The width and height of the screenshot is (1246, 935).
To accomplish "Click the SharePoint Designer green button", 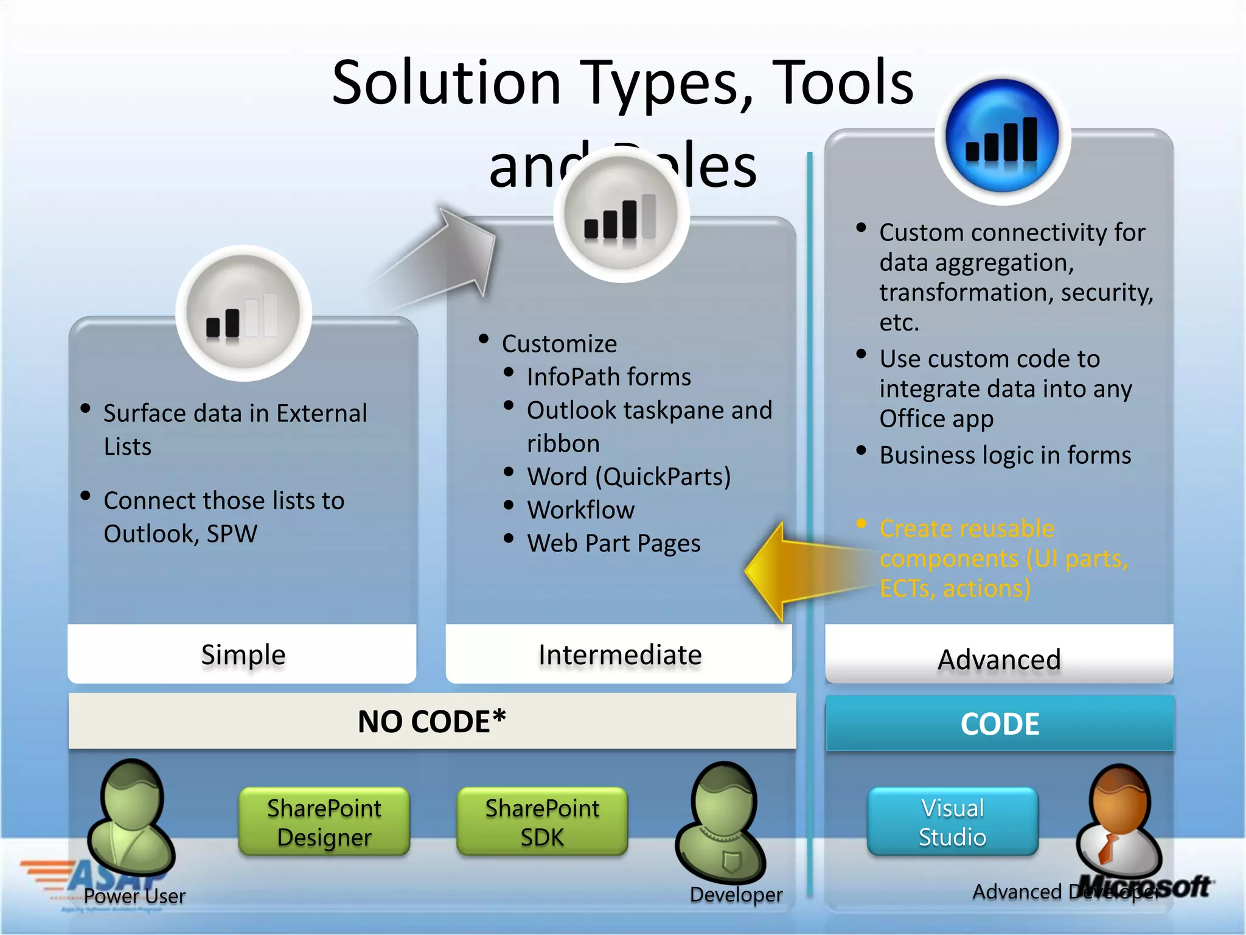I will pos(324,822).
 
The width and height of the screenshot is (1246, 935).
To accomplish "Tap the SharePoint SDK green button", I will pos(541,822).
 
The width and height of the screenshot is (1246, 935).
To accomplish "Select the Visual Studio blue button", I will pos(952,822).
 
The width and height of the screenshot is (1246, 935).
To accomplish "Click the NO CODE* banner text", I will pos(431,721).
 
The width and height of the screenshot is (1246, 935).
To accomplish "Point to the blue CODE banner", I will pos(1000,724).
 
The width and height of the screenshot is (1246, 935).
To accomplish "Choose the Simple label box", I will pos(242,654).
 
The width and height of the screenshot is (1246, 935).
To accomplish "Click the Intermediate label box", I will pos(619,654).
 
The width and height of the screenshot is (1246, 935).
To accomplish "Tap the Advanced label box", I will pos(999,658).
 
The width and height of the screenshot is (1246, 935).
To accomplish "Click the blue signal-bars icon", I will pos(1002,137).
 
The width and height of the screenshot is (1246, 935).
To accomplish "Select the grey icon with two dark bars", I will pos(243,313).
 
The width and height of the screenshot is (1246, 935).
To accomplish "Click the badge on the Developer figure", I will pos(731,862).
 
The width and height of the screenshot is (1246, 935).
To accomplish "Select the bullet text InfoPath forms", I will pos(608,377).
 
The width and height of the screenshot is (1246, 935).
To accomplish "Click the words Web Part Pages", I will pos(613,543).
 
